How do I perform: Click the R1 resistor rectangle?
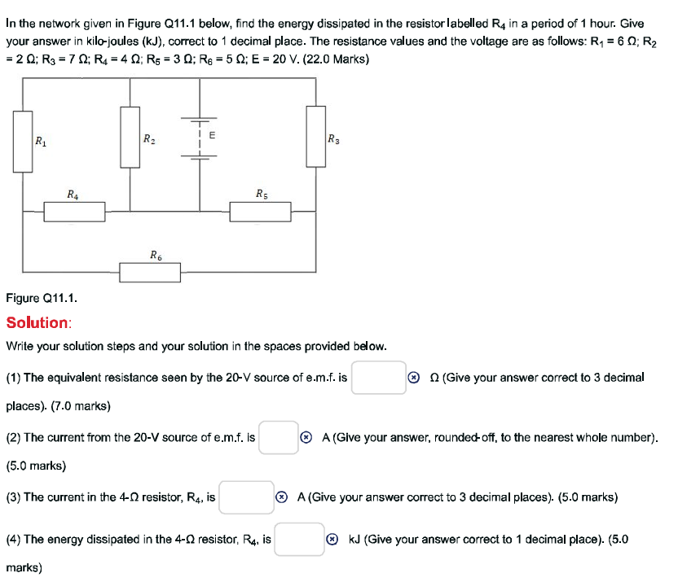tap(23, 141)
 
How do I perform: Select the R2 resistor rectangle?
tap(130, 138)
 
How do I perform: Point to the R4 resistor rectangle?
tap(74, 212)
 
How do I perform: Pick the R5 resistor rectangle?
tap(260, 212)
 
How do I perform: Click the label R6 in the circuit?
tap(155, 255)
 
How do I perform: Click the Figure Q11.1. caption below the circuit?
tap(42, 299)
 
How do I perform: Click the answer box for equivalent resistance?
tap(378, 378)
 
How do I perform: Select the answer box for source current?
tap(279, 437)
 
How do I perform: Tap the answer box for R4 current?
tap(245, 497)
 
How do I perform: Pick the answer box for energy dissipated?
tap(299, 539)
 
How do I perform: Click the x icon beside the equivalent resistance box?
tap(414, 378)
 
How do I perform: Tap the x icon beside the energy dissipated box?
tap(332, 540)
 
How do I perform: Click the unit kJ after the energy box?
tap(354, 540)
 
